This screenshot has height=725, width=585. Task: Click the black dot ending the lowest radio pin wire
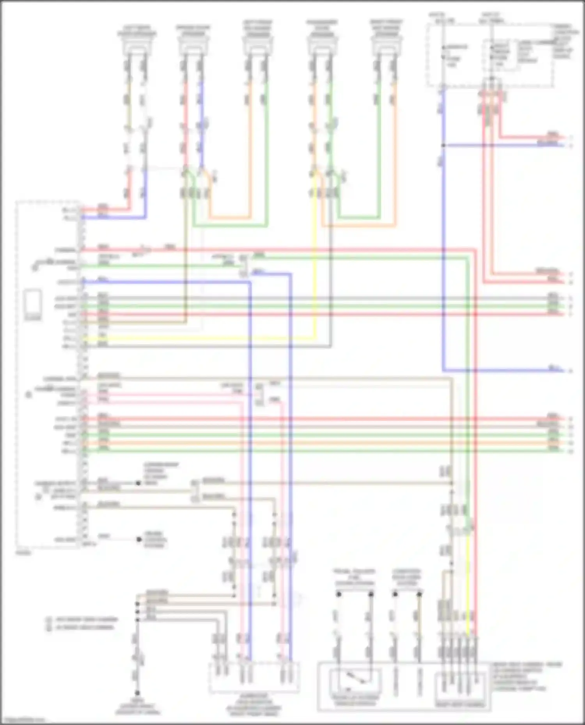coord(139,540)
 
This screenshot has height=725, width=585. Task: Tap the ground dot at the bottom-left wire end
coord(137,693)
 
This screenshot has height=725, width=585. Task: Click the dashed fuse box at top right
coord(489,55)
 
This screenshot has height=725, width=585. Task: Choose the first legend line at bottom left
coord(82,619)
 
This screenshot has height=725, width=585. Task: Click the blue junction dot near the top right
coord(443,145)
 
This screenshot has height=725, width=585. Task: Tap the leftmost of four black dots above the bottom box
coord(339,594)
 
